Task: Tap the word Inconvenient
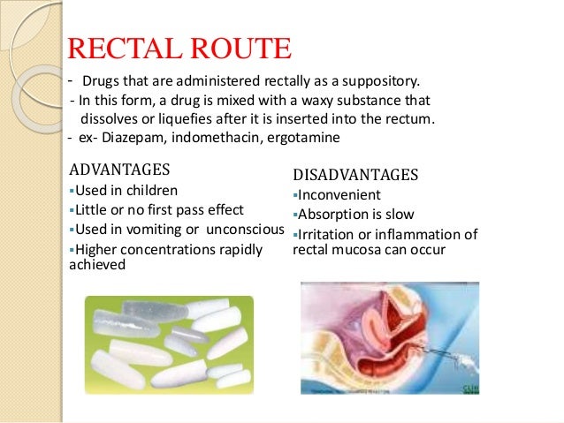pyautogui.click(x=339, y=194)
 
